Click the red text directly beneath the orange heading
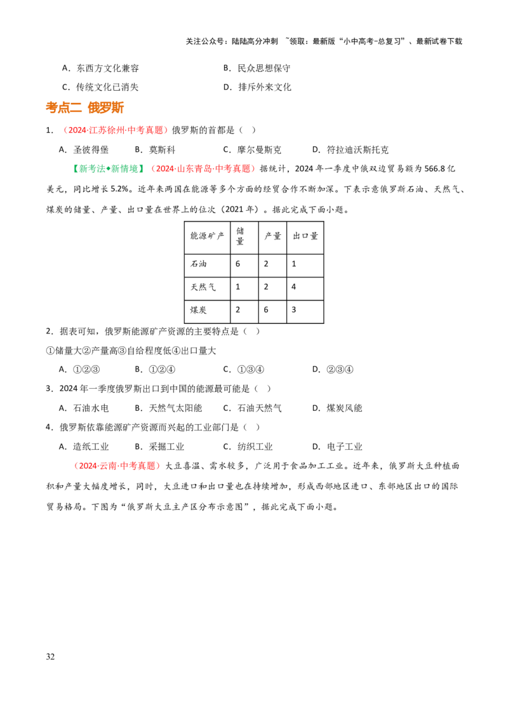(x=115, y=130)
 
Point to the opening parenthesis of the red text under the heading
(x=65, y=130)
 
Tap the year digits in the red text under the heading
(x=75, y=130)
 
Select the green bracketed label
(x=107, y=168)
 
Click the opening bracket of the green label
(x=75, y=168)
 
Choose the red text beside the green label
(x=203, y=168)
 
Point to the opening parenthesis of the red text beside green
(x=152, y=168)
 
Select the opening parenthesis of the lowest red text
(x=76, y=466)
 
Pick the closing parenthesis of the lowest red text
(x=158, y=466)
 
